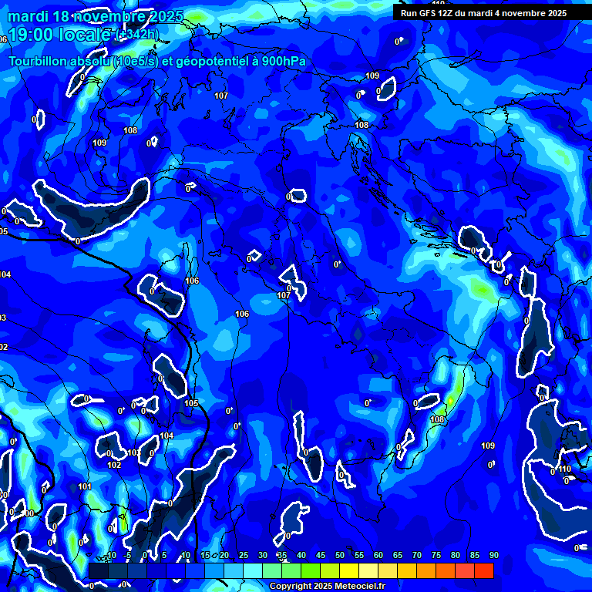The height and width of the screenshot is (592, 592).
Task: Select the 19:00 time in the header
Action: (x=29, y=35)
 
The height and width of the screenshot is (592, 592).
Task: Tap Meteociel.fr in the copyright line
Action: (x=355, y=587)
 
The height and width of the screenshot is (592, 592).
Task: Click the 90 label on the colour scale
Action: (x=493, y=555)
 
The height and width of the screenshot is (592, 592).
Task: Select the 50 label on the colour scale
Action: (x=339, y=555)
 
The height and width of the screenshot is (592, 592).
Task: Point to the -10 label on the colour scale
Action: (x=109, y=555)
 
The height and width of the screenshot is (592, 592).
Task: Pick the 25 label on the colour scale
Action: (x=243, y=555)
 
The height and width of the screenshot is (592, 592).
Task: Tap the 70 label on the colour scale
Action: (x=416, y=555)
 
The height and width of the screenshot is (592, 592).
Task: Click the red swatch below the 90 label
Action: (x=484, y=570)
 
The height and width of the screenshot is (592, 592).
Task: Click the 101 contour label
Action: (x=85, y=486)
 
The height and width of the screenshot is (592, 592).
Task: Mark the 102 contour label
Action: (x=114, y=465)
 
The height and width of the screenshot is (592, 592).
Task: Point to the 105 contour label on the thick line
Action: (x=191, y=403)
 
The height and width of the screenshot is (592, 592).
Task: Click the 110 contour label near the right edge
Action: (x=565, y=469)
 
